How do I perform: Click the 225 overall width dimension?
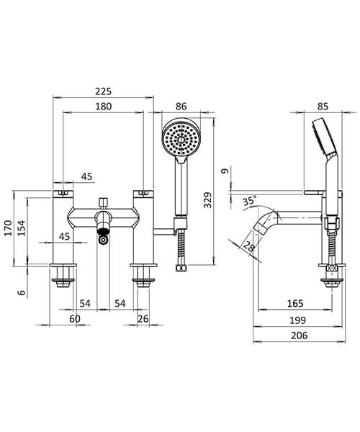tap(104, 91)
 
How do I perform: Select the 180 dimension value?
tap(104, 107)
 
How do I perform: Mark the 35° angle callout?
tap(250, 201)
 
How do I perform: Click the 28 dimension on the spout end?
tap(250, 247)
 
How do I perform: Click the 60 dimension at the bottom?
tap(74, 320)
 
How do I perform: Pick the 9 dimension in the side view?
tap(225, 172)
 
